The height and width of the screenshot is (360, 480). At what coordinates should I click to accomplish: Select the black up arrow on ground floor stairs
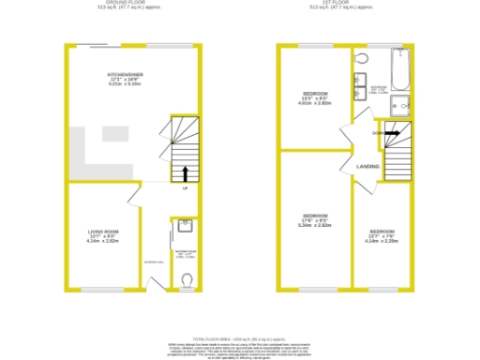point(185,172)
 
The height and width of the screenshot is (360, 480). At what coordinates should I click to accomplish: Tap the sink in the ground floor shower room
point(185,223)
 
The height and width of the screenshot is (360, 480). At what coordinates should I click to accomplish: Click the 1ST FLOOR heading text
point(342,4)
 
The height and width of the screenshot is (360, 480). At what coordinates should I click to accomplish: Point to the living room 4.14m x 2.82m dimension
point(103,241)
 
